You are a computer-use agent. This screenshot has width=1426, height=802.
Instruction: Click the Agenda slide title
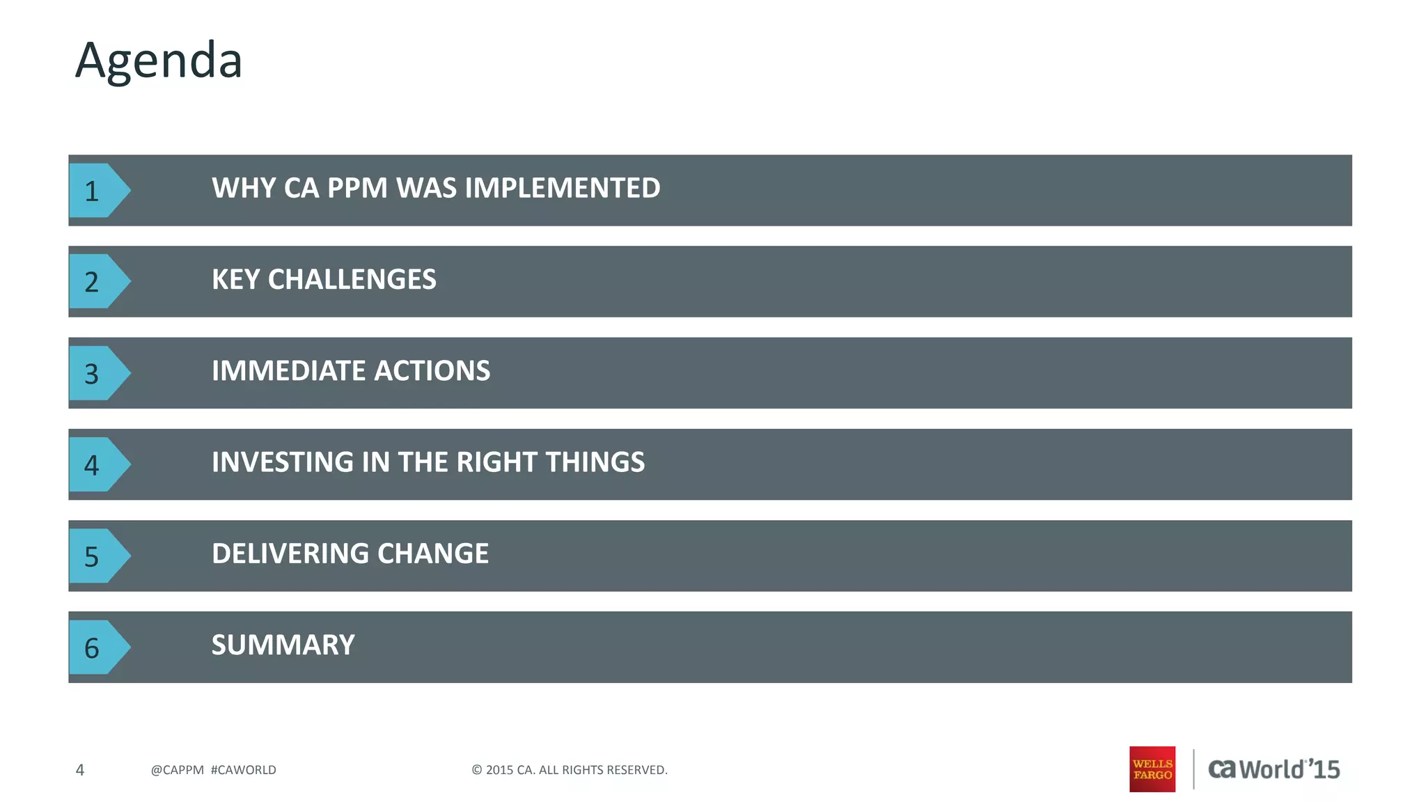click(159, 61)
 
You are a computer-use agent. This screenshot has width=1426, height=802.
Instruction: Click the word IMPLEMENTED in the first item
click(563, 188)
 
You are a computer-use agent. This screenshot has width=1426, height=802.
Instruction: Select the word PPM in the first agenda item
click(357, 188)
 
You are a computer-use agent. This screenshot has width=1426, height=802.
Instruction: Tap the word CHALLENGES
click(352, 279)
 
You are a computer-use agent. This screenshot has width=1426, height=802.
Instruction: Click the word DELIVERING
click(289, 553)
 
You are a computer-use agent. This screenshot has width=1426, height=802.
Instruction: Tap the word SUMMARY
click(283, 645)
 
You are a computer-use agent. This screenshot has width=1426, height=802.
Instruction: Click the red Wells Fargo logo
click(1152, 769)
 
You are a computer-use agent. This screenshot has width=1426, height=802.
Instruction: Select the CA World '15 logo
click(1274, 769)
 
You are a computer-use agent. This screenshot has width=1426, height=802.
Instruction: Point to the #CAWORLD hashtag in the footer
click(243, 770)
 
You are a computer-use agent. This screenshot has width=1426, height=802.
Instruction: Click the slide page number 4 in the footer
click(80, 770)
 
